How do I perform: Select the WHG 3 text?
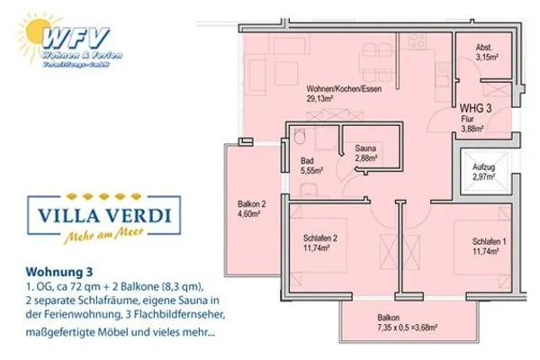[x=474, y=108]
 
